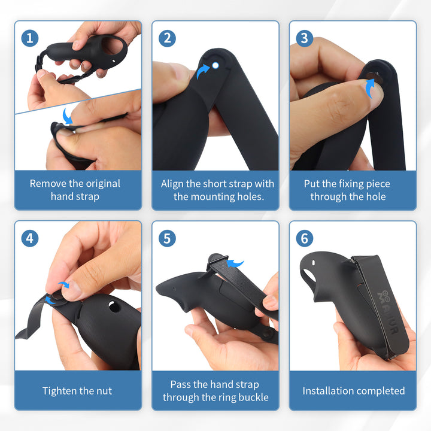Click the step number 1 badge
coord(30,38)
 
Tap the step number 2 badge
coord(167,38)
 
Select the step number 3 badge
coord(305,38)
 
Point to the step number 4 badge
coord(30,238)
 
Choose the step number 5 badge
coord(167,238)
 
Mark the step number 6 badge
coord(305,238)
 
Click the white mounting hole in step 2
coord(215,65)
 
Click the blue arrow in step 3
coord(371,88)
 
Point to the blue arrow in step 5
coord(235,263)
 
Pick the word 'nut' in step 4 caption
coord(105,391)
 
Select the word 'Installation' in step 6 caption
coord(323,390)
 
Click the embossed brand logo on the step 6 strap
coord(388,312)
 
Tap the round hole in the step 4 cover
coord(114,306)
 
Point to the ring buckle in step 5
coord(217,260)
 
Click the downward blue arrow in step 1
coord(67,116)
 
